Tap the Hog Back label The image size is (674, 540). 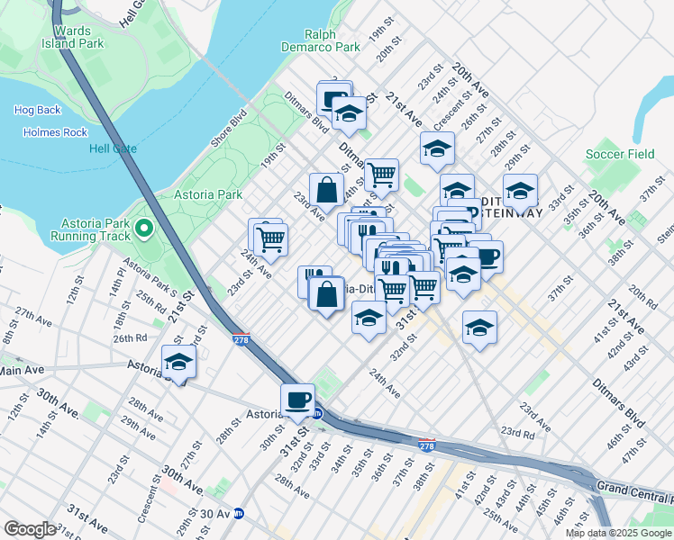37,110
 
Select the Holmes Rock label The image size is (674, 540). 51,132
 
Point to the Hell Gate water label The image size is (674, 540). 112,148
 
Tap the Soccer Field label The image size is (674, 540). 620,154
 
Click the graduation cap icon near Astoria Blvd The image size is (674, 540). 178,362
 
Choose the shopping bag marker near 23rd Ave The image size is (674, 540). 327,190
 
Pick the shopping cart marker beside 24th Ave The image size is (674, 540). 269,238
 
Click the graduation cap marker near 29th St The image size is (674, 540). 519,191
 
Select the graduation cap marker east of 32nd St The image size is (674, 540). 479,328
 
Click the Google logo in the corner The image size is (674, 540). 30,529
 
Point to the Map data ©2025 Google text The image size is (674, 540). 618,533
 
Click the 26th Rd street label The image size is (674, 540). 130,338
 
